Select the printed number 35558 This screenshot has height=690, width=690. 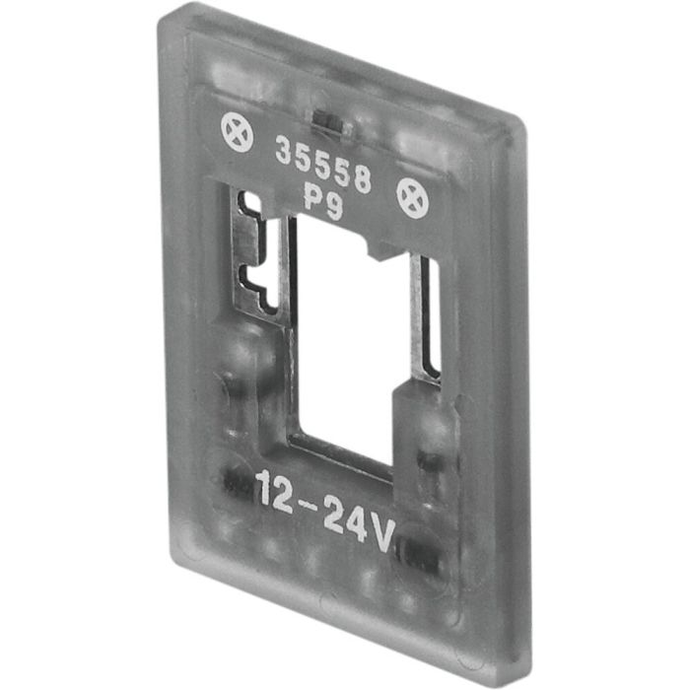pos(322,165)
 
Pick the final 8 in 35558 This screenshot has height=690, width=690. pos(361,181)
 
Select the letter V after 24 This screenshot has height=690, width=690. pos(379,533)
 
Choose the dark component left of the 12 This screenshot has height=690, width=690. pos(233,480)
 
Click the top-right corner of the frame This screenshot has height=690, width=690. pos(521,126)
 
